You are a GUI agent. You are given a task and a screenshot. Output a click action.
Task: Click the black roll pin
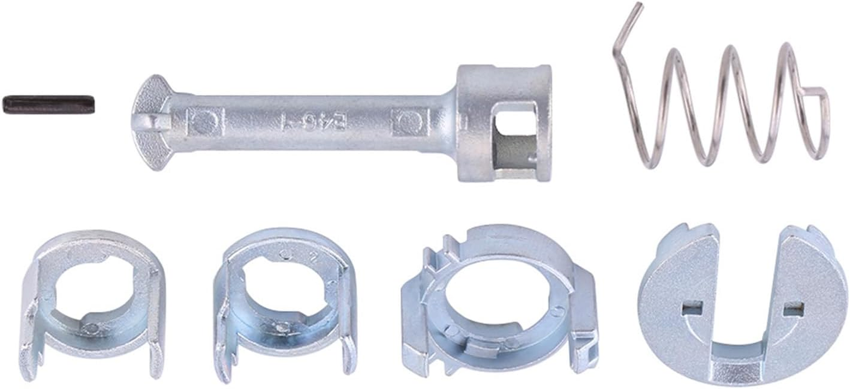click(49, 104)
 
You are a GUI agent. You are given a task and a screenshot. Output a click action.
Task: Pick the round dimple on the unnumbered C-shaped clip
click(90, 327)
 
